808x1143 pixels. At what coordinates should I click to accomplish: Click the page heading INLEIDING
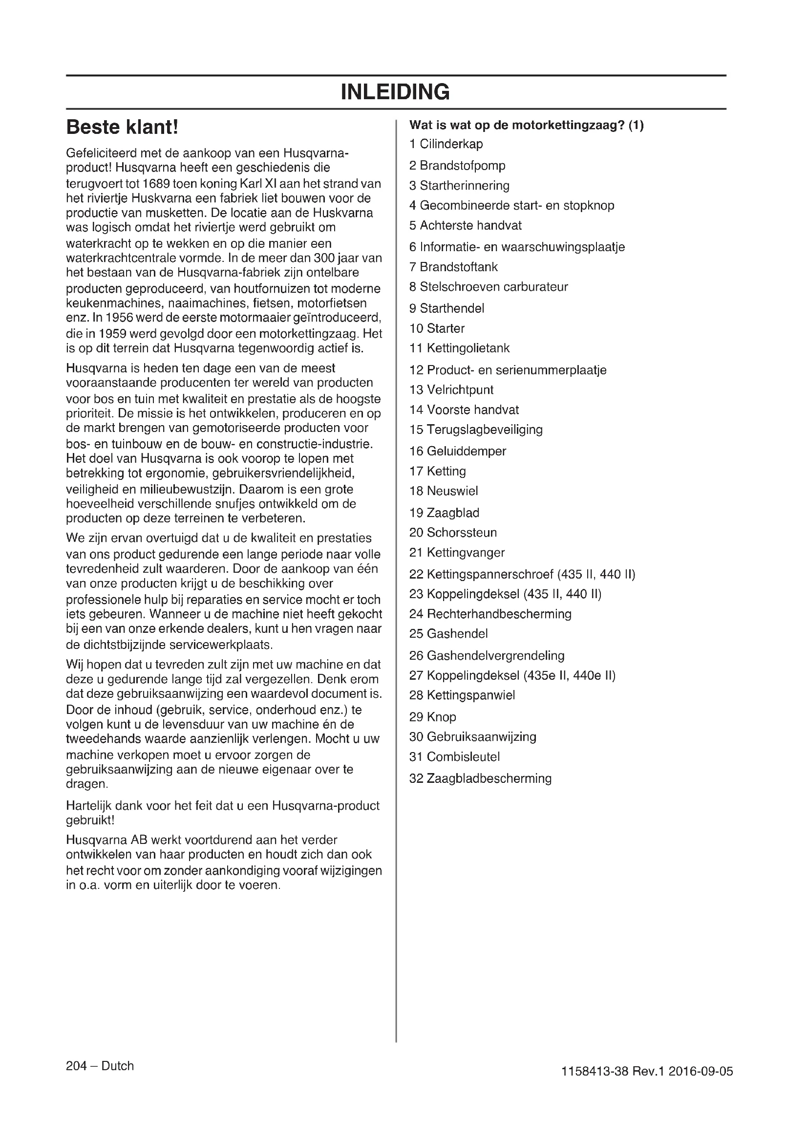coord(395,92)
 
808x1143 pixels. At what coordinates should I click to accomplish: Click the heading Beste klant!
coord(122,128)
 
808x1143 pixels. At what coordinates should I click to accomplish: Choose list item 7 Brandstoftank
coord(453,267)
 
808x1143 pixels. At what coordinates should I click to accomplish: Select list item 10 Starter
coord(437,328)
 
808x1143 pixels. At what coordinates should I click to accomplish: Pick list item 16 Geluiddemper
coord(457,451)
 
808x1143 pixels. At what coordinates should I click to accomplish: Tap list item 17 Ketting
coord(437,471)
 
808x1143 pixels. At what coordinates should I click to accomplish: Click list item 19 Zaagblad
coord(444,513)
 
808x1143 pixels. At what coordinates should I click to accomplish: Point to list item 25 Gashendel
coord(448,634)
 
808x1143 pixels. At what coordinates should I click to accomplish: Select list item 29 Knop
coord(432,717)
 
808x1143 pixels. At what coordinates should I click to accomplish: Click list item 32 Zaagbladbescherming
coord(480,778)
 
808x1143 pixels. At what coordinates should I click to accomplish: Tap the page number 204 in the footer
coord(76,1066)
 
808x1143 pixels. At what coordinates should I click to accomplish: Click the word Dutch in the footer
coord(117,1066)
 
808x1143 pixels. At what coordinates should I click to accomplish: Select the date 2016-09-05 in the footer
coord(701,1071)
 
